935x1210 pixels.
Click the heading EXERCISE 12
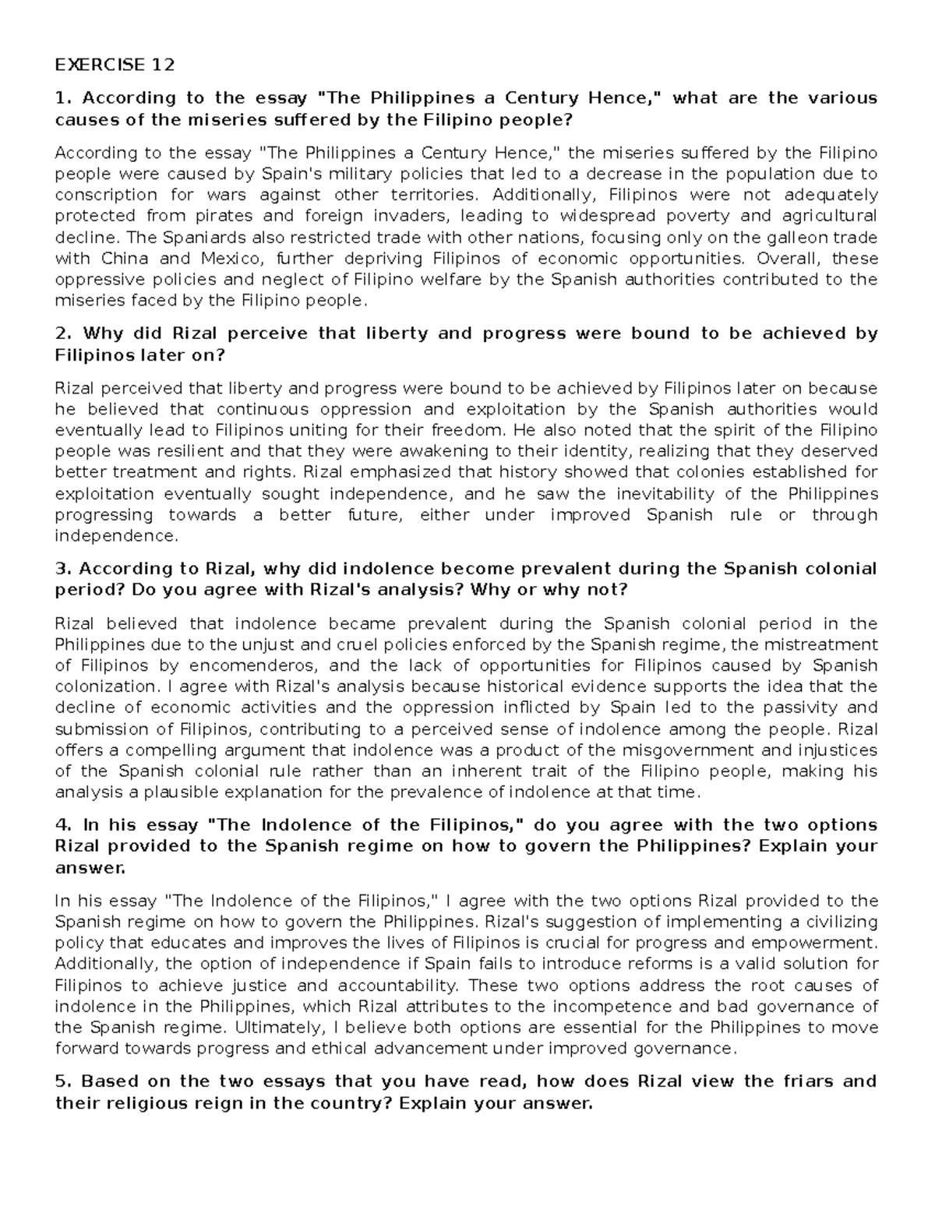click(115, 64)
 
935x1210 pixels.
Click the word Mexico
click(228, 258)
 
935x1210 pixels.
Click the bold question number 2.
click(62, 333)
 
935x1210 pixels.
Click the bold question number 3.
click(62, 569)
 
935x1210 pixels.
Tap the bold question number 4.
click(62, 825)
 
